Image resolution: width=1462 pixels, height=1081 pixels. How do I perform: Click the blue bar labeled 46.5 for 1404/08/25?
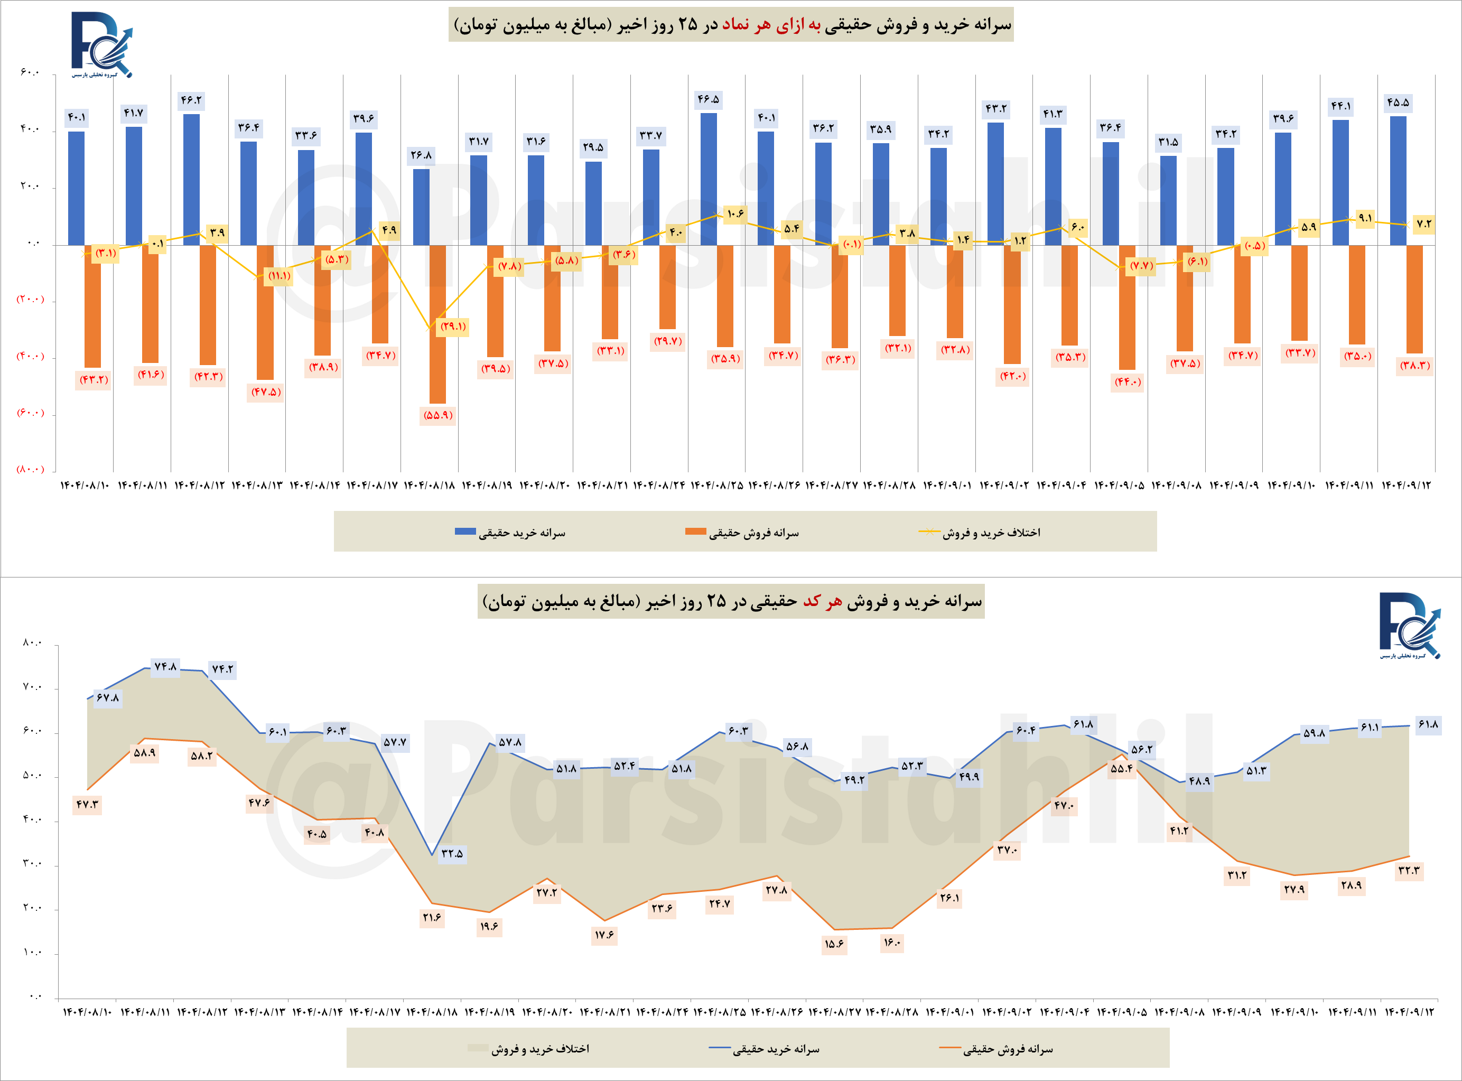708,179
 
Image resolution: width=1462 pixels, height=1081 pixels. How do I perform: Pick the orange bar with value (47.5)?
265,312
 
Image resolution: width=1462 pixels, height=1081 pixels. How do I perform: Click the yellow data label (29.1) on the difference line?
453,327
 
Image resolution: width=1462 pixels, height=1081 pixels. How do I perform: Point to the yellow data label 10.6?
735,214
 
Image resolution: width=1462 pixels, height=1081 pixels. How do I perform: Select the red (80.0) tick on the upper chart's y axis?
30,469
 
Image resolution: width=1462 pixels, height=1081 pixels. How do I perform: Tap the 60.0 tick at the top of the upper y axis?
30,72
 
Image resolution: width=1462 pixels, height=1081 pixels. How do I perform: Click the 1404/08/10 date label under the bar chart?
85,486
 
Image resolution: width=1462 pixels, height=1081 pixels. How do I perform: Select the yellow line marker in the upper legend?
929,532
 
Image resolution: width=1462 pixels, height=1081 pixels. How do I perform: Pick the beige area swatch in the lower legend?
478,1048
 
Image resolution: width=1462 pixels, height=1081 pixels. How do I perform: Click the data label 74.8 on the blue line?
165,667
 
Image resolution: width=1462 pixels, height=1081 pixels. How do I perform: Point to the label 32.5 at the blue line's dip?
452,853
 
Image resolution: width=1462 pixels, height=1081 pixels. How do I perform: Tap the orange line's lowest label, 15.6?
834,944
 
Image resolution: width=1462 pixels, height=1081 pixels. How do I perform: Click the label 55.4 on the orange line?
1121,769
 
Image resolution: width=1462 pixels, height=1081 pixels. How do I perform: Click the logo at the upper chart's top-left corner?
101,44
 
